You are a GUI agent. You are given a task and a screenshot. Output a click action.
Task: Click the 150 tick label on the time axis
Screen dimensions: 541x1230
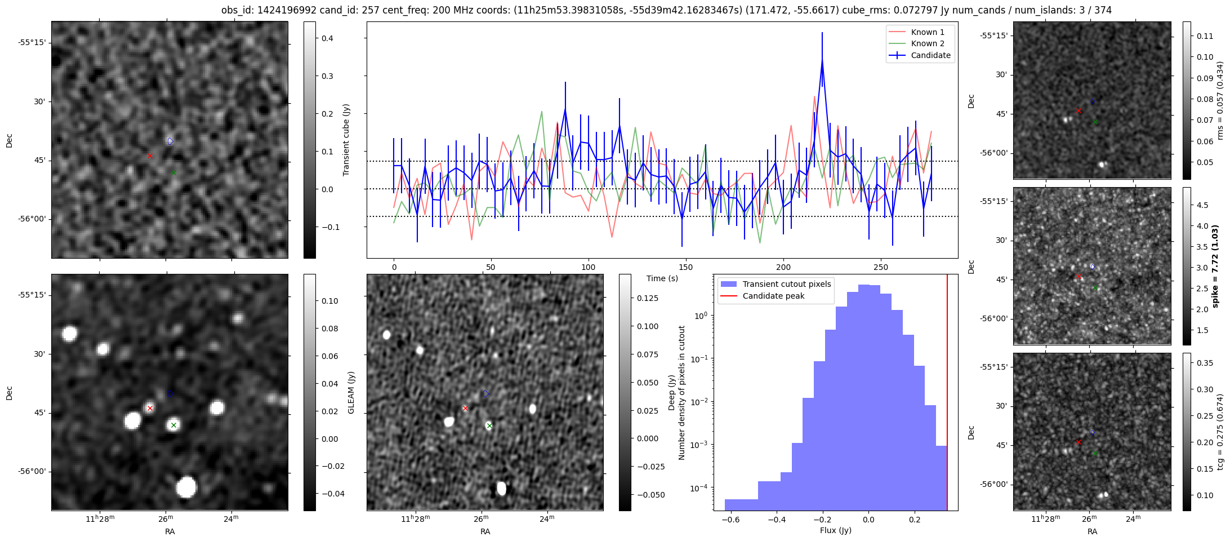(686, 267)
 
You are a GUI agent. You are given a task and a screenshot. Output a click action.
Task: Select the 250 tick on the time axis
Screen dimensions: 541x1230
(881, 267)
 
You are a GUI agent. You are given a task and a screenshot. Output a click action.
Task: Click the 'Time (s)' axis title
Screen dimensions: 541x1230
(662, 278)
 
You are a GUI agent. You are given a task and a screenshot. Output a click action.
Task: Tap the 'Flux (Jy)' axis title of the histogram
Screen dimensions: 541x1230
(835, 530)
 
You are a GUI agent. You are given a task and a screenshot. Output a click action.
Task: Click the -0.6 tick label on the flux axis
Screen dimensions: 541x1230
(730, 519)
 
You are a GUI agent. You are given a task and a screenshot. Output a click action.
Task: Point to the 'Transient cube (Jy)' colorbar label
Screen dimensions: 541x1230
(346, 140)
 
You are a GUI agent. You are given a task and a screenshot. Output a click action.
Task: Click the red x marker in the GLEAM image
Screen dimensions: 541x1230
(150, 408)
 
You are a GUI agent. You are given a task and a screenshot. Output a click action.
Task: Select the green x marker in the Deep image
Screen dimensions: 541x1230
(489, 426)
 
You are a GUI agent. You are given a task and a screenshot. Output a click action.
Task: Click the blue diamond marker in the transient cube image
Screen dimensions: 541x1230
(170, 141)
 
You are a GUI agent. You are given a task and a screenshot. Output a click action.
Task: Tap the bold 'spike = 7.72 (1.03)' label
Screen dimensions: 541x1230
(1215, 266)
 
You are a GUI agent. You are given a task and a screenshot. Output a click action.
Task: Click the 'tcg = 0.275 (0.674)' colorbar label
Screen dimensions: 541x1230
(1220, 432)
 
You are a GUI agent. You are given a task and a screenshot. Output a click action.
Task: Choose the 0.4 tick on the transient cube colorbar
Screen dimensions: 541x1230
(327, 38)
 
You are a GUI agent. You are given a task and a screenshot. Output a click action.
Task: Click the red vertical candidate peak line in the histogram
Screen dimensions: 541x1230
(947, 394)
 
